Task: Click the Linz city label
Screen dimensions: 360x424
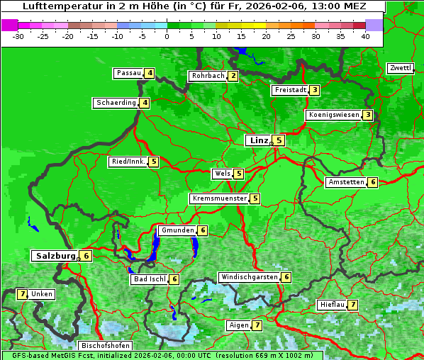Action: pos(259,140)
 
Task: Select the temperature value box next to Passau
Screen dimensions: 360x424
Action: pos(150,73)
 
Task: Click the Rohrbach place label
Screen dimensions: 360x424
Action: pos(208,76)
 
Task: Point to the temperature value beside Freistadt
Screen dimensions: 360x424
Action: pos(314,90)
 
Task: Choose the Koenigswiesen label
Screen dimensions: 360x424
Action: pos(333,115)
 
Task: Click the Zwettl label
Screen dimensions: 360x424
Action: pos(400,68)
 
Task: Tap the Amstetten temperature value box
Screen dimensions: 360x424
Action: pos(373,182)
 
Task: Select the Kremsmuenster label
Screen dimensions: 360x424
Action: pos(219,198)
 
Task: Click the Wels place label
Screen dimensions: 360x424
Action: pos(222,174)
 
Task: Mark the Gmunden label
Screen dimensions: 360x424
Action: pos(177,230)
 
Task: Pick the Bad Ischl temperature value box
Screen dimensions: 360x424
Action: pos(174,279)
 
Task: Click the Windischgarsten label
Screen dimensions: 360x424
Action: pos(249,277)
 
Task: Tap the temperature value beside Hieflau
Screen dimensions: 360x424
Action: pos(352,305)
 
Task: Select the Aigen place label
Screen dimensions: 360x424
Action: pos(238,325)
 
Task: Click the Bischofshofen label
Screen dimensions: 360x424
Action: pos(106,345)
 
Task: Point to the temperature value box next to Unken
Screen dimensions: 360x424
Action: pos(22,294)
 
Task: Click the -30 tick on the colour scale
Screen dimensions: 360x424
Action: pos(18,36)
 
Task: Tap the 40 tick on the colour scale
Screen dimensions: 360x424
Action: pos(365,36)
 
